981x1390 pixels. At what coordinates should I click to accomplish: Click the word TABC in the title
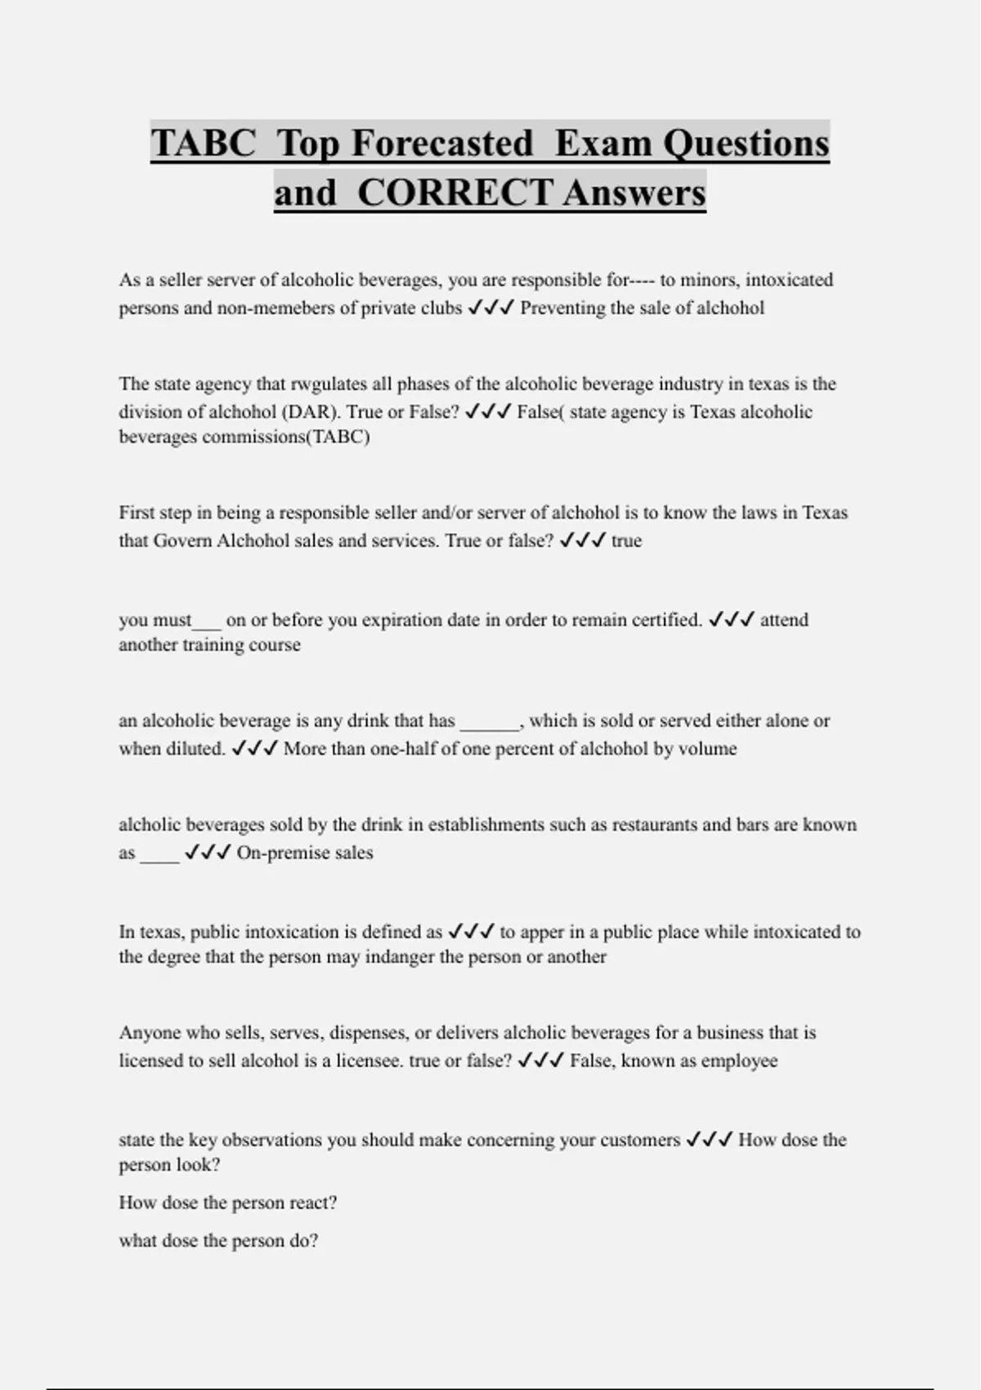point(204,143)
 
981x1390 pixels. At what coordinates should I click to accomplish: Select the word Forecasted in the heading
point(442,143)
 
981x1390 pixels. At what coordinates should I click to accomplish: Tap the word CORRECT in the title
point(455,193)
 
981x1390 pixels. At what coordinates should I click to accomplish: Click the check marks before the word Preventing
point(490,308)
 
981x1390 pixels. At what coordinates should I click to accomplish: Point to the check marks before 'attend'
point(731,620)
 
